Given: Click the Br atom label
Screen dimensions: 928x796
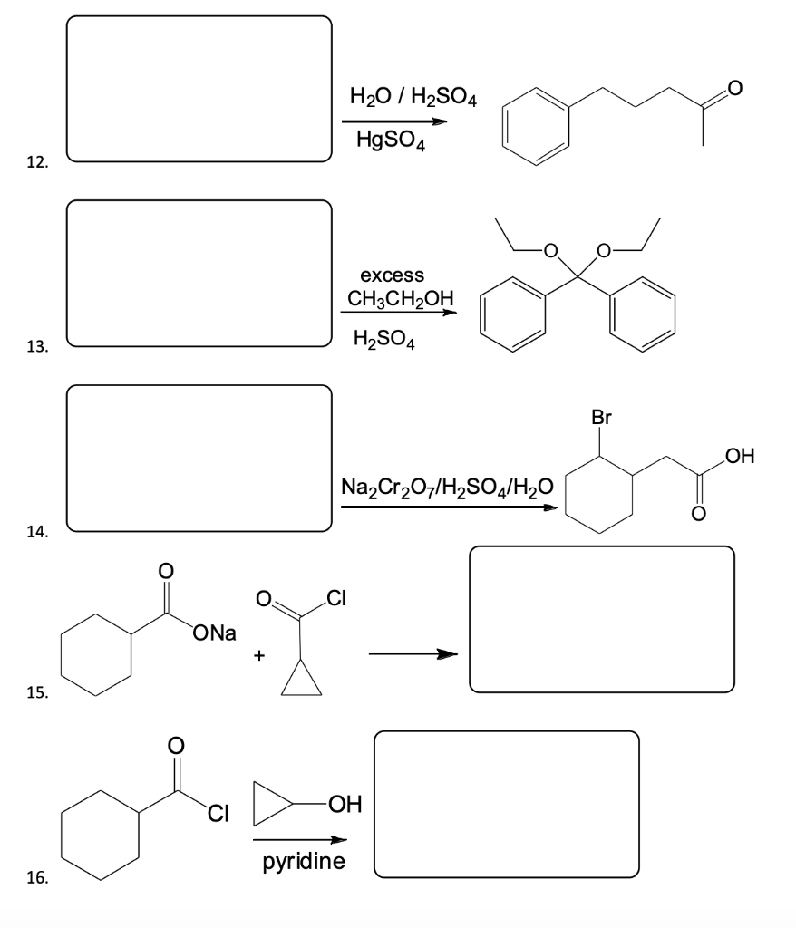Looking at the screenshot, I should click(x=601, y=418).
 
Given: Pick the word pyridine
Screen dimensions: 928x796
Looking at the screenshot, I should click(x=304, y=861).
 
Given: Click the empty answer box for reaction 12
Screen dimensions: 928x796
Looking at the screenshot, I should click(x=199, y=89).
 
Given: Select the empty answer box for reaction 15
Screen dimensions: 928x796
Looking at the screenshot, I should click(x=601, y=619).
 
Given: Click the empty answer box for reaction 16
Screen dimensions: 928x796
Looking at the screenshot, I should click(x=506, y=804).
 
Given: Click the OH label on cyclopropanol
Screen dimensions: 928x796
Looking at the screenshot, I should click(x=344, y=804).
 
